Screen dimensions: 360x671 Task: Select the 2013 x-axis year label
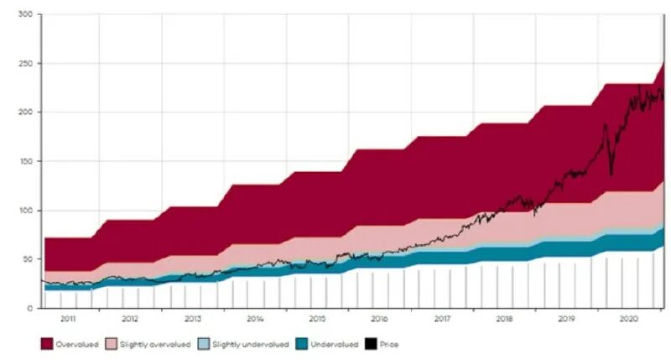tap(192, 320)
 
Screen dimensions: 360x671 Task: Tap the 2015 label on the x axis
tap(317, 320)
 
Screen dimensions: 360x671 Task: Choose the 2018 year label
tap(504, 320)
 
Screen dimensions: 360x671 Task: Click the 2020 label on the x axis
tap(628, 320)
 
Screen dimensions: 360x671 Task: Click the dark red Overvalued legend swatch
tap(48, 344)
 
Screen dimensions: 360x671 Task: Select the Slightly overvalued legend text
tap(150, 345)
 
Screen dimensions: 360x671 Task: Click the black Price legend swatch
tap(373, 344)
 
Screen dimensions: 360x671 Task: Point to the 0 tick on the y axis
tap(29, 308)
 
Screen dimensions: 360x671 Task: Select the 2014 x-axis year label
tap(255, 320)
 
